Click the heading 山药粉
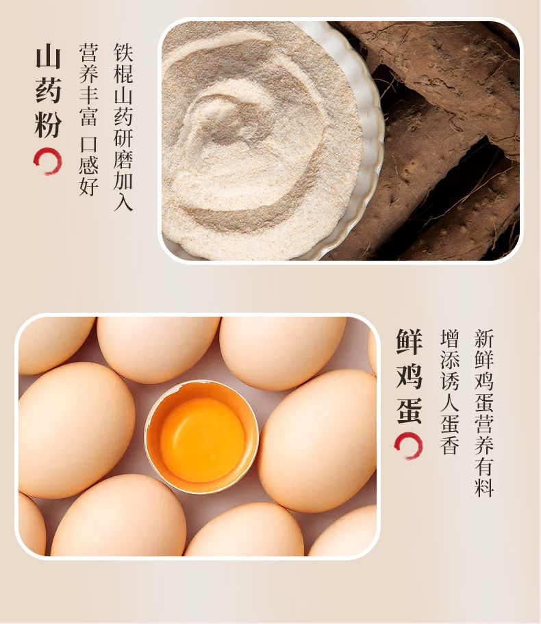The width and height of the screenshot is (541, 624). point(48,92)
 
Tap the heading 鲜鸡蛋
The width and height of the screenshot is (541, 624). point(409,376)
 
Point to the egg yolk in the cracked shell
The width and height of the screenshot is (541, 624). point(202,439)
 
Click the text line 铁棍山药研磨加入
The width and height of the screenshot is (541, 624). point(123,127)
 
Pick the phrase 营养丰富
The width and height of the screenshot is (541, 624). point(88,85)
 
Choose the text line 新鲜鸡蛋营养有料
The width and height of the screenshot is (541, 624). point(484,413)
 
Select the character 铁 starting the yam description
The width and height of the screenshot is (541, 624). point(123,53)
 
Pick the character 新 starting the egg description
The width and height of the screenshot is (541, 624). point(484,339)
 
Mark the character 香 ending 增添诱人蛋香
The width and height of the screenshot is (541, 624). point(450,445)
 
